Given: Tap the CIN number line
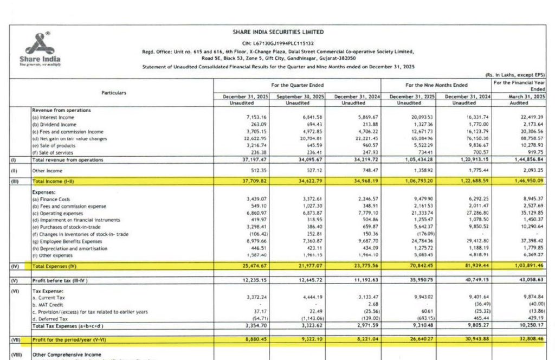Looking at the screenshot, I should [x=277, y=43].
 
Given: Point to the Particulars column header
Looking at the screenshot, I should [x=113, y=93].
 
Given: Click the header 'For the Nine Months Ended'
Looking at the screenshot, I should [x=436, y=85].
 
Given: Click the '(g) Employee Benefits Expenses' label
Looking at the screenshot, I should [x=67, y=241].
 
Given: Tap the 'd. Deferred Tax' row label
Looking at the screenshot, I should [x=50, y=319].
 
